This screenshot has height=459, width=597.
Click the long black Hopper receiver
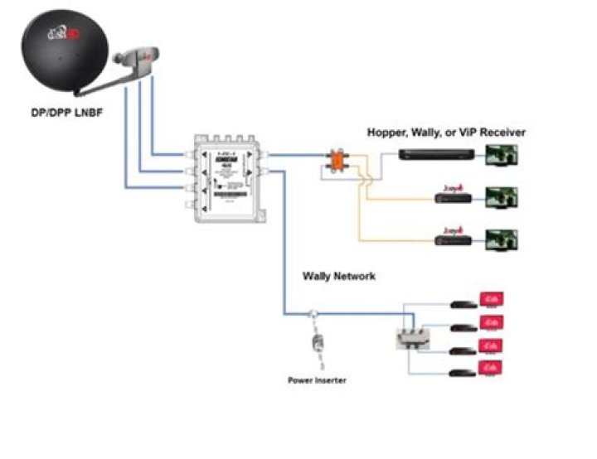436,154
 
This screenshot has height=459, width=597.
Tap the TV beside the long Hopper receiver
502,155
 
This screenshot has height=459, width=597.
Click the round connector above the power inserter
313,315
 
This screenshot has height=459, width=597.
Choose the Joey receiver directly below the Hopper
454,197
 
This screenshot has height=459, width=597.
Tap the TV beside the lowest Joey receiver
502,239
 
